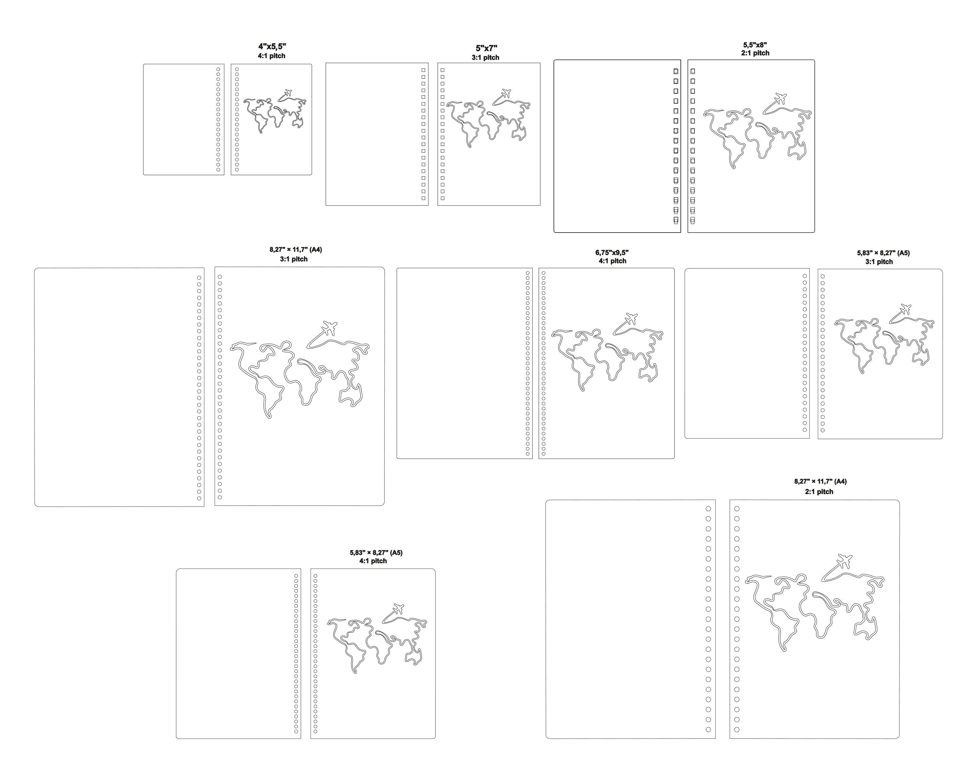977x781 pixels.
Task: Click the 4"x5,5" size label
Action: [x=272, y=47]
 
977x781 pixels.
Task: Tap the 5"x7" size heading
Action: [x=486, y=48]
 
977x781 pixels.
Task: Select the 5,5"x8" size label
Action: [x=755, y=45]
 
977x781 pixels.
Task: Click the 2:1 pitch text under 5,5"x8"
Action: [x=755, y=53]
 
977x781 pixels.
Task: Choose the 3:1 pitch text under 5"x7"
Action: [x=485, y=57]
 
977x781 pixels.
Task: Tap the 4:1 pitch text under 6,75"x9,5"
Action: [x=612, y=261]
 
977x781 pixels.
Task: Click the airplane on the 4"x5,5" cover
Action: [x=287, y=93]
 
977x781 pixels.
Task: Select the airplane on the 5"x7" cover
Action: [x=506, y=93]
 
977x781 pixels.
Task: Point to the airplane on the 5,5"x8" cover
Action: [x=780, y=98]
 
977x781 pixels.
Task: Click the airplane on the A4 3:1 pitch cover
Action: [x=329, y=327]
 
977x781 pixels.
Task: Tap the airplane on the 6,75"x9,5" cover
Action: [x=631, y=318]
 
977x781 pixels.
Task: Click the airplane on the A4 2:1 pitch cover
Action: [x=844, y=560]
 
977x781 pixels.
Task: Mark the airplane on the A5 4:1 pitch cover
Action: [x=398, y=608]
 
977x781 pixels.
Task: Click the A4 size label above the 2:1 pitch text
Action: [x=820, y=482]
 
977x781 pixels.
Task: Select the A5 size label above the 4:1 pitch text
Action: [x=376, y=553]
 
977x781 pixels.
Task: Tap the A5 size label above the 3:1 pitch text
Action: [x=883, y=253]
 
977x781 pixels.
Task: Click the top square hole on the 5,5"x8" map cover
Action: [x=693, y=71]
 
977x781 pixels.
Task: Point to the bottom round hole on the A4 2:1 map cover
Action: [x=737, y=729]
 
